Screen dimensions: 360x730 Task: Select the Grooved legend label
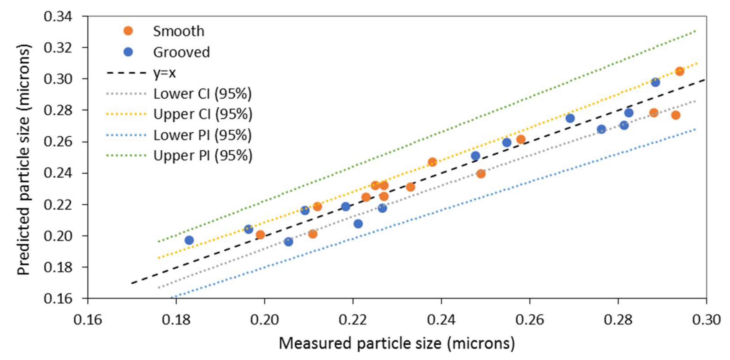(181, 52)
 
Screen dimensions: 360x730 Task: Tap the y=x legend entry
(164, 73)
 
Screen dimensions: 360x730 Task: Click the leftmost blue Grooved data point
(189, 240)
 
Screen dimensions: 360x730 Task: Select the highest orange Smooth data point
(680, 71)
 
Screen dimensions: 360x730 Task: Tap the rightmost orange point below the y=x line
(675, 115)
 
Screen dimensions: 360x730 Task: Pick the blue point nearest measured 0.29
(655, 82)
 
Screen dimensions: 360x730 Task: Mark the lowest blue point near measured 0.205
(288, 242)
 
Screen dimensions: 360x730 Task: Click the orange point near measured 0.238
(432, 162)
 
